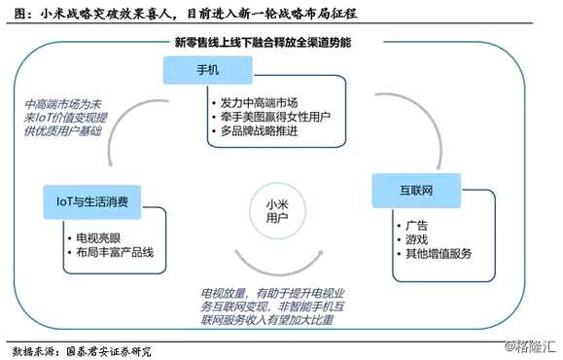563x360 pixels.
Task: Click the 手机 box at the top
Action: point(208,71)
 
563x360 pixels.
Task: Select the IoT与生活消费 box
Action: point(93,201)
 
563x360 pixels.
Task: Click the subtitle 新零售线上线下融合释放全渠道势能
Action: point(263,44)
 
